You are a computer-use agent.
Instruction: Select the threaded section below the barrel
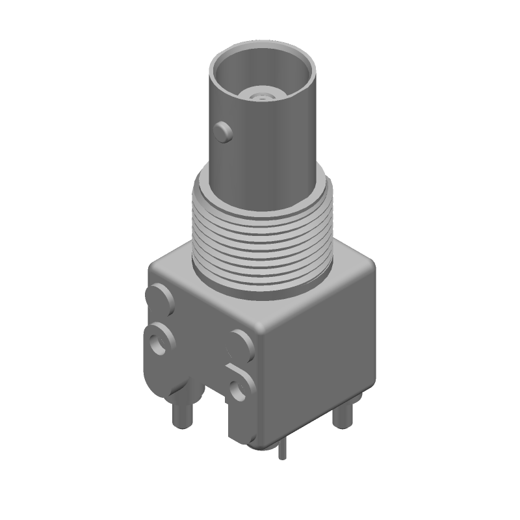[x=263, y=234]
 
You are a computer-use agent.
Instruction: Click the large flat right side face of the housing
[x=318, y=364]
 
